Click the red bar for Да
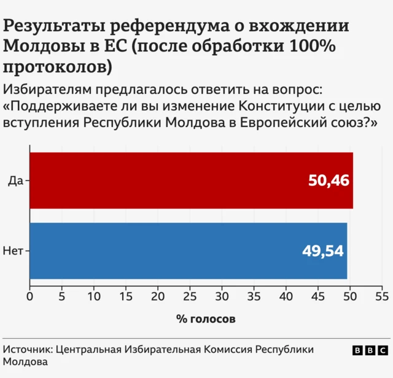tap(190, 180)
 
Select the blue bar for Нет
tap(188, 250)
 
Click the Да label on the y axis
tap(15, 180)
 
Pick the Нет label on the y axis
tap(14, 250)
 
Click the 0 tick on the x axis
tap(29, 297)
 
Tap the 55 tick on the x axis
tap(382, 297)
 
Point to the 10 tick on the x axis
tap(93, 297)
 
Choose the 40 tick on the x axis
tap(286, 297)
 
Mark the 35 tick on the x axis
tap(254, 297)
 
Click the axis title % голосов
tap(206, 319)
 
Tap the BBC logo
tap(370, 350)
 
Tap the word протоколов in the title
tap(53, 66)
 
